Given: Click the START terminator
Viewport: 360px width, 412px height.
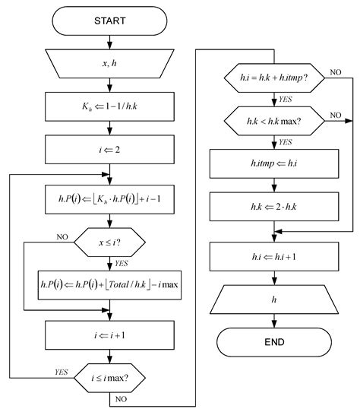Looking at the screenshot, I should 112,21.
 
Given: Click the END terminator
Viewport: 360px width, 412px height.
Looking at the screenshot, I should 274,343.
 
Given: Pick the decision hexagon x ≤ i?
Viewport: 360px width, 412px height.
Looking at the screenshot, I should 112,244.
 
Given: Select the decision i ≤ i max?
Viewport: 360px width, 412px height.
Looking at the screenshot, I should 112,376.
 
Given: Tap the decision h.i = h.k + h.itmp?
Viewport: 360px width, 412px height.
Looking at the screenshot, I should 274,78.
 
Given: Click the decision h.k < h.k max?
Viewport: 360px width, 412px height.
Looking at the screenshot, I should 274,119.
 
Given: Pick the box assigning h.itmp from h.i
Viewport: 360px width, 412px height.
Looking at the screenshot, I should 274,161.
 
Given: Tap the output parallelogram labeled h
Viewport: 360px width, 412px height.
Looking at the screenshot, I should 274,300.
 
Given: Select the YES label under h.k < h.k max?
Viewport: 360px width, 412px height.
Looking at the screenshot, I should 286,141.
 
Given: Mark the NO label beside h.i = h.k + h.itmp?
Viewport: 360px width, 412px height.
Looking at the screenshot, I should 336,72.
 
